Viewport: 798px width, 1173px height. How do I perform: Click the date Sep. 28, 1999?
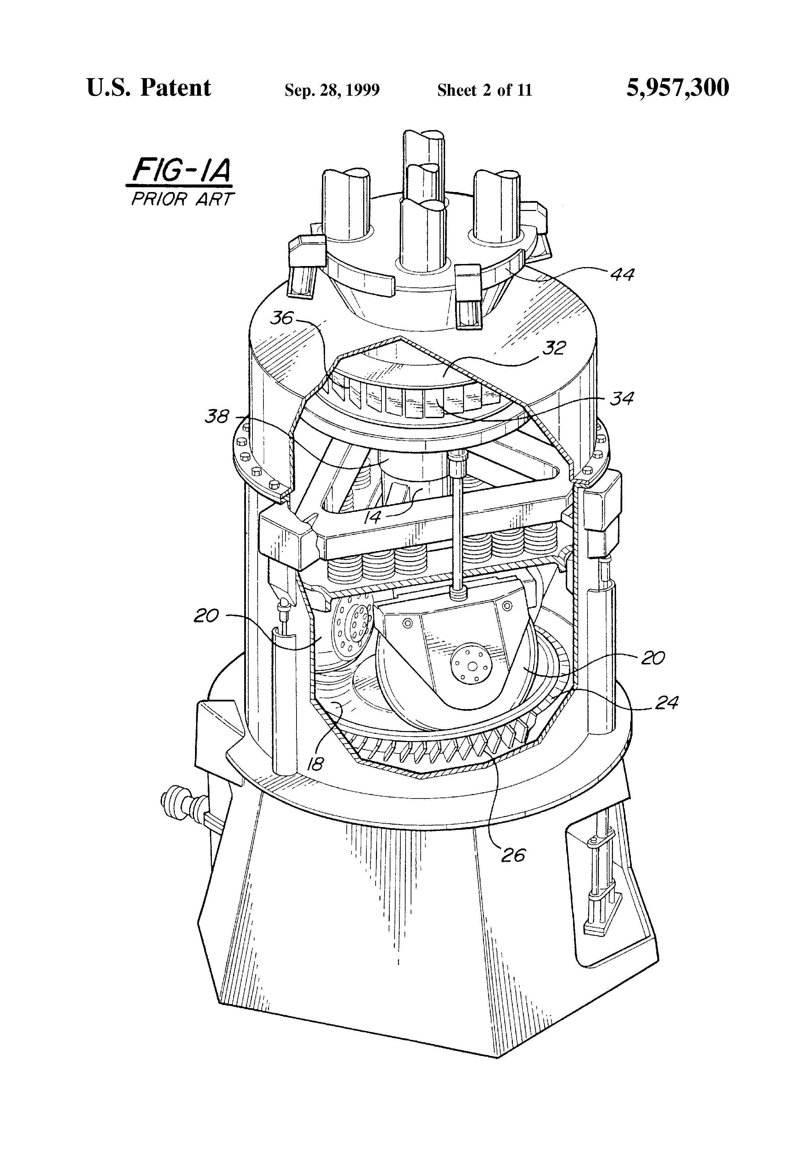click(x=332, y=90)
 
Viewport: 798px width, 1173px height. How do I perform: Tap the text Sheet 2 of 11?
click(x=484, y=90)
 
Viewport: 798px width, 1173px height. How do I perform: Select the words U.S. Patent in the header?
click(x=149, y=88)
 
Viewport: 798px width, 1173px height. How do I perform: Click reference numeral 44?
click(x=622, y=275)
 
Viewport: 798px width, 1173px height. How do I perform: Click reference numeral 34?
click(x=622, y=399)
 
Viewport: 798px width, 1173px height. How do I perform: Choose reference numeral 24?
click(x=666, y=702)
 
